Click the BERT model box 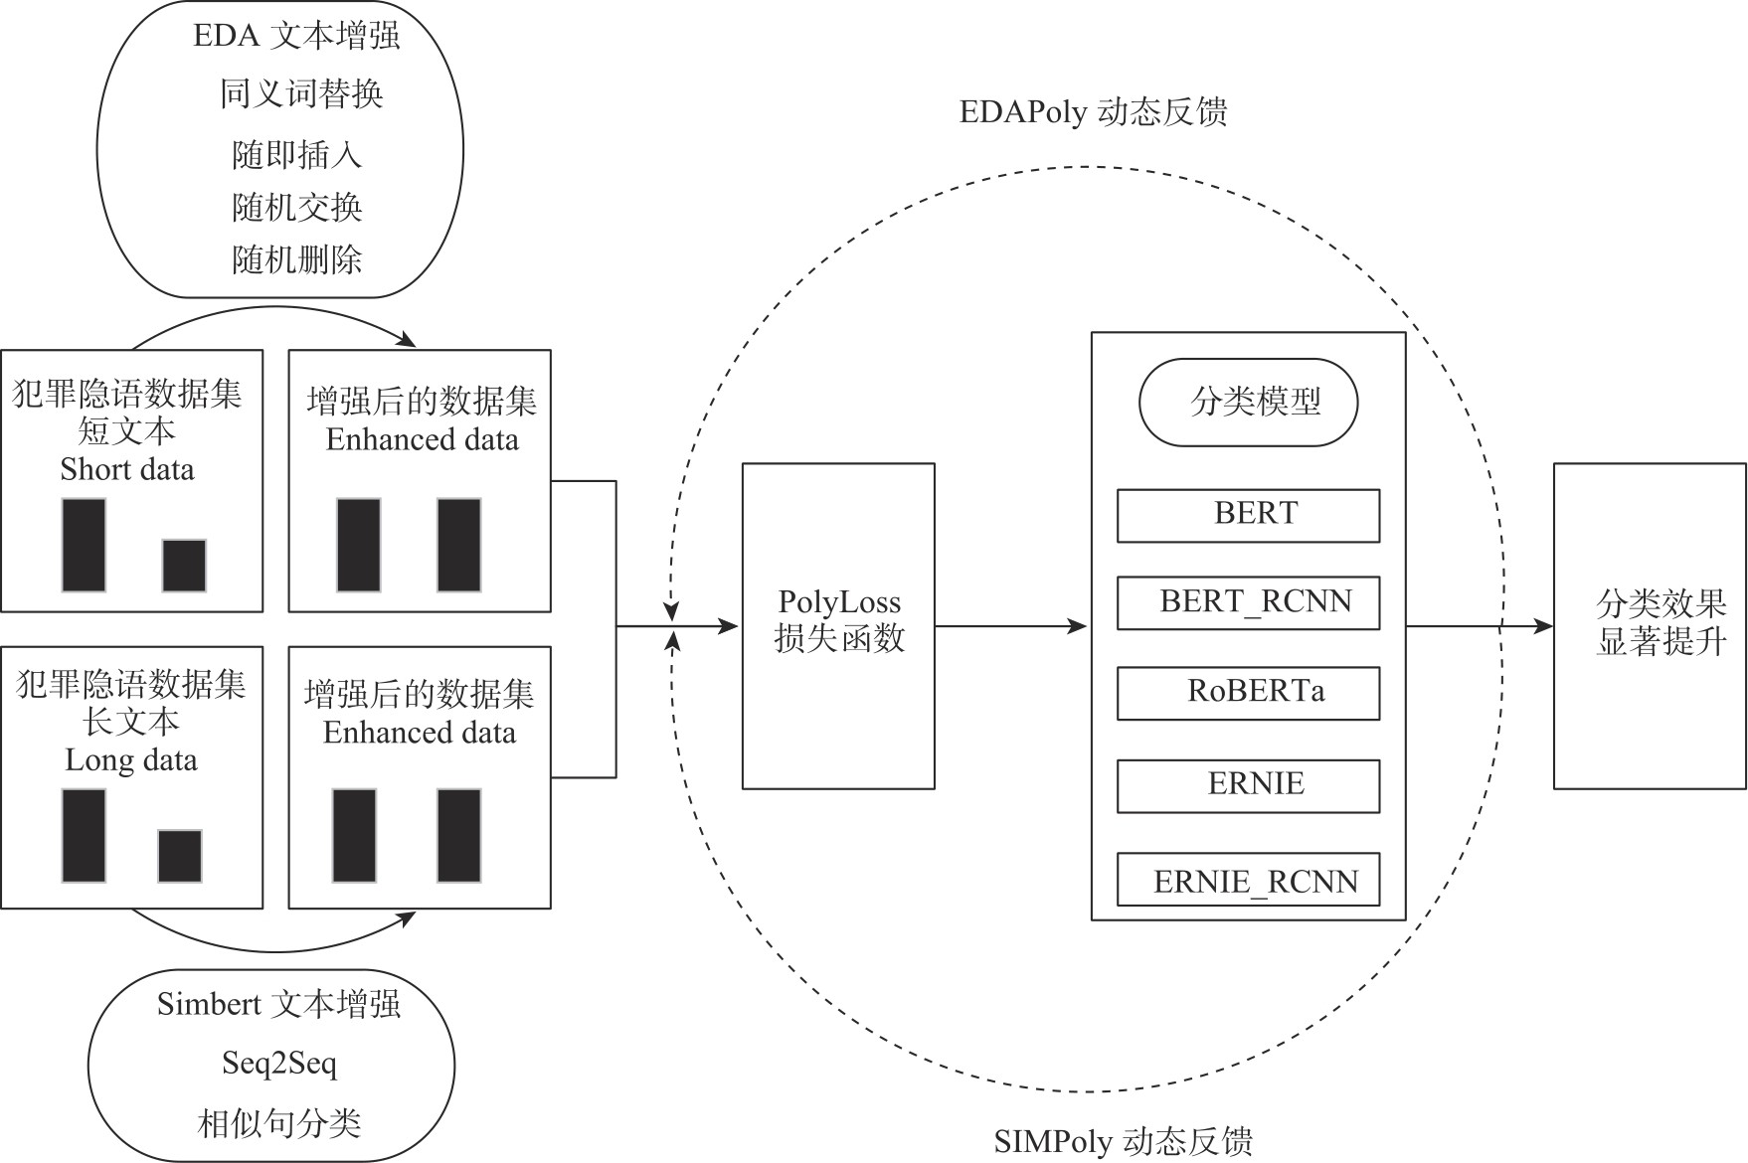(1248, 515)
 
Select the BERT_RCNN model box (1248, 602)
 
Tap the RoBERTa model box (1248, 693)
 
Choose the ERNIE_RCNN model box (1248, 880)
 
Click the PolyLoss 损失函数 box (838, 625)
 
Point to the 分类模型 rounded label (1248, 403)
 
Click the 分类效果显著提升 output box (1650, 625)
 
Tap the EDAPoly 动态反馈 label (1093, 112)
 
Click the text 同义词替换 (301, 94)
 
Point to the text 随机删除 (296, 260)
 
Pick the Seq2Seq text (279, 1064)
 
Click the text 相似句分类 (279, 1124)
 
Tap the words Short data (127, 469)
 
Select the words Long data (131, 760)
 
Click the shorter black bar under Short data (184, 566)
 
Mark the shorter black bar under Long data (180, 856)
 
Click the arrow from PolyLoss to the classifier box (1009, 626)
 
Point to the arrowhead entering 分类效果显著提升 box (1543, 626)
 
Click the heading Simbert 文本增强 (278, 1004)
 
